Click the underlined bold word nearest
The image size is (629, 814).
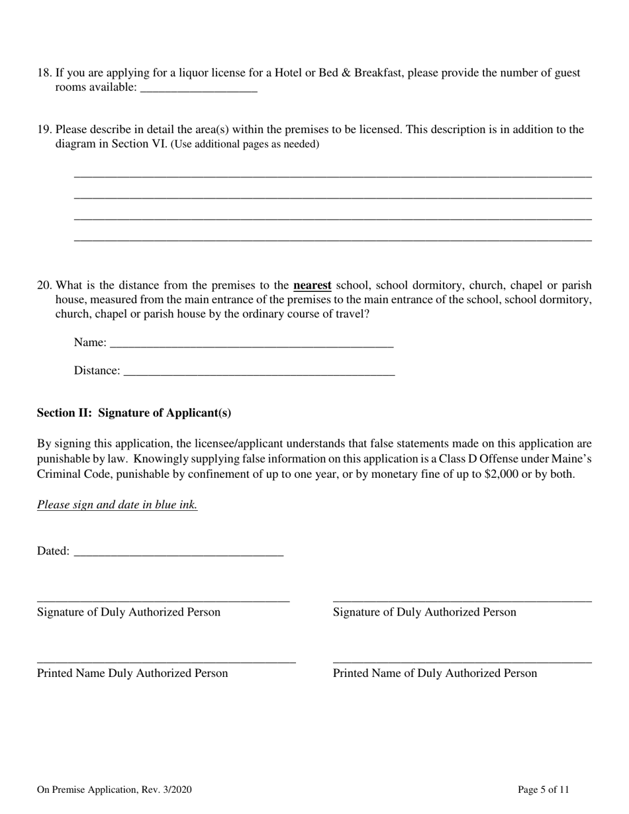pyautogui.click(x=312, y=286)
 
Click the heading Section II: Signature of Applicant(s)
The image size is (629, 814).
pyautogui.click(x=134, y=413)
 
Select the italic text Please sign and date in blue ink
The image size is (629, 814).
pyautogui.click(x=117, y=505)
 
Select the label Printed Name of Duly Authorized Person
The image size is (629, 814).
pyautogui.click(x=434, y=674)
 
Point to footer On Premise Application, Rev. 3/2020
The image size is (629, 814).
pyautogui.click(x=115, y=790)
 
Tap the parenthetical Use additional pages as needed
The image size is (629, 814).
pyautogui.click(x=245, y=144)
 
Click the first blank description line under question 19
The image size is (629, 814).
pyautogui.click(x=332, y=175)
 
